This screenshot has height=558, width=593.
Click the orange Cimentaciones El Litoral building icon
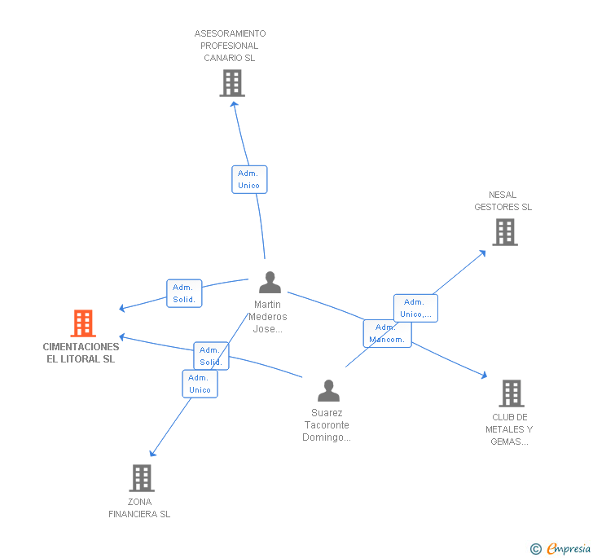[x=83, y=323]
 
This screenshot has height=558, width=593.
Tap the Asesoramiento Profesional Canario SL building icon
[x=232, y=82]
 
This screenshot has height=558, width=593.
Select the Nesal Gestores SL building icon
[x=505, y=232]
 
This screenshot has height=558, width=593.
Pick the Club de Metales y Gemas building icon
[x=511, y=393]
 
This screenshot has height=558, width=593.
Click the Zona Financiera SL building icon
[x=142, y=477]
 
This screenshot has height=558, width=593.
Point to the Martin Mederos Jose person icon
[x=270, y=283]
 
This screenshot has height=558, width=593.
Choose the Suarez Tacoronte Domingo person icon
[x=328, y=391]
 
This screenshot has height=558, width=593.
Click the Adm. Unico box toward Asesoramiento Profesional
[x=248, y=179]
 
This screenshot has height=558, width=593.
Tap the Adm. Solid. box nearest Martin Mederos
[x=184, y=293]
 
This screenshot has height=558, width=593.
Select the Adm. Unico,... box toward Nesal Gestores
[x=416, y=308]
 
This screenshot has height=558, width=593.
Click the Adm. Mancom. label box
[x=387, y=333]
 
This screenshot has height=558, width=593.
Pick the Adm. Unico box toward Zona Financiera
[x=200, y=384]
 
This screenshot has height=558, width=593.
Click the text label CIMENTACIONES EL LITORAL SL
[x=81, y=353]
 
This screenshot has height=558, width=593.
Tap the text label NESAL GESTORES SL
[x=503, y=201]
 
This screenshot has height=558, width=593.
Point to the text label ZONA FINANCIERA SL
[x=139, y=508]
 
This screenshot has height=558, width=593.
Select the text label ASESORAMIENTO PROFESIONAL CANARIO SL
[x=230, y=46]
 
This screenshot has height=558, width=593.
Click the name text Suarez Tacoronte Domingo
[x=327, y=425]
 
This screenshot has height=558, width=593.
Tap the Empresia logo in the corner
[x=560, y=549]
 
